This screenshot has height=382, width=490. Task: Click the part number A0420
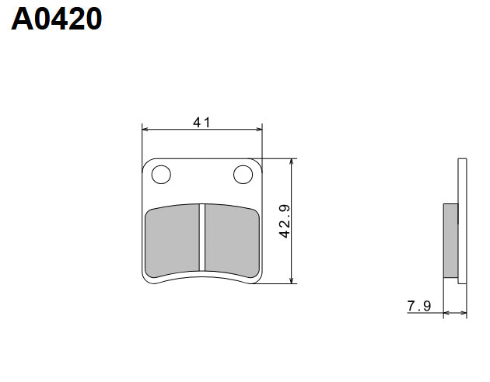click(x=57, y=19)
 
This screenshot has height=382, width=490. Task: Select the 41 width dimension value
click(x=202, y=122)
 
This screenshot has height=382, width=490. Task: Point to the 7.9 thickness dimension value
click(x=418, y=306)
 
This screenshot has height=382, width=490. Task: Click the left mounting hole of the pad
click(x=161, y=175)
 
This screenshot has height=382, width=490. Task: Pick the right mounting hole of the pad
click(x=244, y=175)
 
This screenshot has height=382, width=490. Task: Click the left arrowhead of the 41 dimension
click(x=145, y=130)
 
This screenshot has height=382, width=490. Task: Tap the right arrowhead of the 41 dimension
click(x=259, y=130)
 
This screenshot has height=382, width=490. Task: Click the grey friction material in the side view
click(x=450, y=240)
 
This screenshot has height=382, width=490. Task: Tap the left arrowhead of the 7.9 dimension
click(x=446, y=314)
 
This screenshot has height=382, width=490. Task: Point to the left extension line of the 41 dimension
click(x=142, y=144)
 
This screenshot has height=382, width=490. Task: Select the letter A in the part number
click(x=22, y=19)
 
